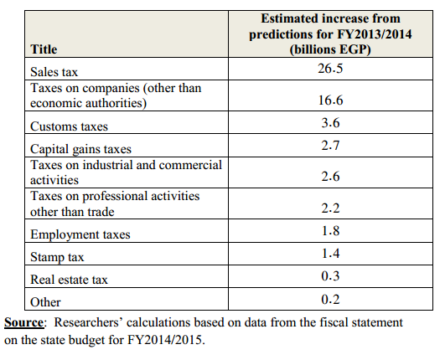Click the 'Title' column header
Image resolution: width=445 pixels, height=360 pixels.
[44, 49]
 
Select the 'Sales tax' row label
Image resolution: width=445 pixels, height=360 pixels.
[54, 72]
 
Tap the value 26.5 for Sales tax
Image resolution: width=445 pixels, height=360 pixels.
[330, 69]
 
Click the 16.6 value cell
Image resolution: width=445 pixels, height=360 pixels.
[330, 100]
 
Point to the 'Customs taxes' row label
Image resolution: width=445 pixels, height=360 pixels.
[69, 126]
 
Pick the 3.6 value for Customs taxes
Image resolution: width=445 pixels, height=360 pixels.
[330, 123]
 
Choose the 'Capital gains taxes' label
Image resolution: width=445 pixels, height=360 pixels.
[81, 149]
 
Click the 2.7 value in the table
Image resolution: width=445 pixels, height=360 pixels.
[330, 146]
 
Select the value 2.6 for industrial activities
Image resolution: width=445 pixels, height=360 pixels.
[330, 177]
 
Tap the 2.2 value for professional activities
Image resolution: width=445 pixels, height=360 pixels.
[330, 208]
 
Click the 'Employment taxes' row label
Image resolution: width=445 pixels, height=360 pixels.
[80, 234]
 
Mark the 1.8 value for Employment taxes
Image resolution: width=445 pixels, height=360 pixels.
[330, 231]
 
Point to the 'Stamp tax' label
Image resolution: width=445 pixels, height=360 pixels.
[57, 257]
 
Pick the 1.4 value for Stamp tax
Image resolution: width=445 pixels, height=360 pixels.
[330, 253]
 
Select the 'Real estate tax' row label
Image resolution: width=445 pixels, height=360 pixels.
[69, 280]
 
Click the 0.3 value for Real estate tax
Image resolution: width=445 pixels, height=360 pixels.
[330, 276]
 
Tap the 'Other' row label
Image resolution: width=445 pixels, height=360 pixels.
[45, 302]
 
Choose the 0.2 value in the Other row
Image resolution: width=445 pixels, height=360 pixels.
[330, 300]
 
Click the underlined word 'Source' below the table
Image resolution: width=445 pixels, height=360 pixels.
[23, 323]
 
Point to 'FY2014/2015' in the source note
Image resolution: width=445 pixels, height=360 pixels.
[165, 340]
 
